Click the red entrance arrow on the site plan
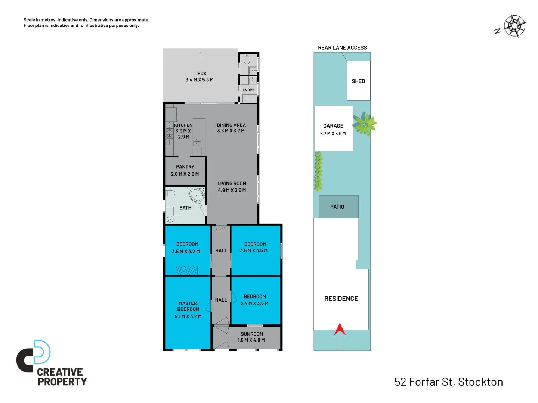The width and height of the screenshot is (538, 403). [340, 329]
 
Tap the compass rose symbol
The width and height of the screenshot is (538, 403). [514, 26]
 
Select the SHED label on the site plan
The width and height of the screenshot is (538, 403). [358, 81]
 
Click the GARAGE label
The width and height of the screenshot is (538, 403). [333, 126]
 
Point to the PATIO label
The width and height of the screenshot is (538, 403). [337, 207]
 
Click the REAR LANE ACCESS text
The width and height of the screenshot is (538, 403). [342, 48]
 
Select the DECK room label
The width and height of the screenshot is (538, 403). [200, 74]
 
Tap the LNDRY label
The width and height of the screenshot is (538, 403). [248, 90]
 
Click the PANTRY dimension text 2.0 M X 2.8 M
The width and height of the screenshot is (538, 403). [185, 174]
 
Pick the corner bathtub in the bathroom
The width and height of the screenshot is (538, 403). [197, 195]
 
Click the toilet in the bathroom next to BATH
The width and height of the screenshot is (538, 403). [170, 193]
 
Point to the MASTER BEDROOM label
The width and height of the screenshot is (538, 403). [188, 306]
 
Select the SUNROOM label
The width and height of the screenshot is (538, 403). [252, 334]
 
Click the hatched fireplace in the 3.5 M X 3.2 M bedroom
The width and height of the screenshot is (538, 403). [186, 270]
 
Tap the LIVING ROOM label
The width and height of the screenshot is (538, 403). [232, 184]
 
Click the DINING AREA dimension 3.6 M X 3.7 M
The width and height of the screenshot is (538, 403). [231, 131]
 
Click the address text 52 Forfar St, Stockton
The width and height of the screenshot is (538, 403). [448, 382]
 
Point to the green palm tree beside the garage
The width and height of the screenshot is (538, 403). [364, 124]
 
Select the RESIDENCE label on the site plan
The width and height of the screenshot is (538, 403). [341, 299]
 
